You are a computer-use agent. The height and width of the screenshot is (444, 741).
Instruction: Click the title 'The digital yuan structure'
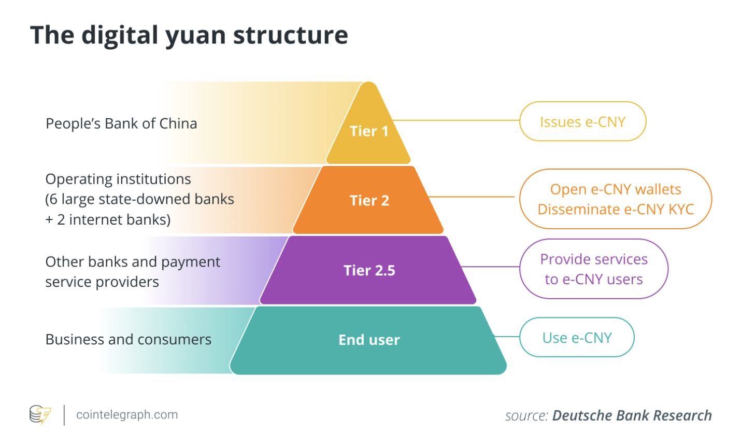point(189,35)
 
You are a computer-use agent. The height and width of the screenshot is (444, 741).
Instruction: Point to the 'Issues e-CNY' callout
point(582,122)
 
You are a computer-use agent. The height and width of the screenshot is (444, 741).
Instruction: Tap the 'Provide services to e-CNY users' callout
point(594,269)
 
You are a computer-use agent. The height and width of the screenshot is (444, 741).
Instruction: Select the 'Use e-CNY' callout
point(577,338)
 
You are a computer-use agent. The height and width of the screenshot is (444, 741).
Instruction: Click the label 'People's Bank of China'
point(121,123)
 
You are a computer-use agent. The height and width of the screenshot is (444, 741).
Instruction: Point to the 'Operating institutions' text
point(118,179)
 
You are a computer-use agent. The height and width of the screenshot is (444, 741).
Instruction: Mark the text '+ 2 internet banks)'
point(108,219)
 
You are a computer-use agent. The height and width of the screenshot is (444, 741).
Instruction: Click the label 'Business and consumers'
point(128,339)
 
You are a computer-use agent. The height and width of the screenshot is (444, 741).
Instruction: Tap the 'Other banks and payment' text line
point(133,262)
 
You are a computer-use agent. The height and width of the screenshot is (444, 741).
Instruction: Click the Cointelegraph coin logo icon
point(40,415)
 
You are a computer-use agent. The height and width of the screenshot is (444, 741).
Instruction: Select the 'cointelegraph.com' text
point(127,415)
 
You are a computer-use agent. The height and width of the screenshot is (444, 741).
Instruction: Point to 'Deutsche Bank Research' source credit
point(632,415)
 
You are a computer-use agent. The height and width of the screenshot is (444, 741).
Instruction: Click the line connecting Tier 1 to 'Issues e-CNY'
point(456,120)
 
